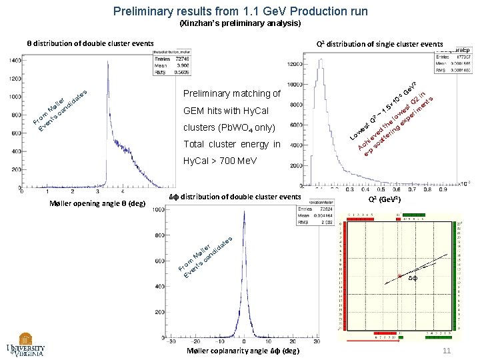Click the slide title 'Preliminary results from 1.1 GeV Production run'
[240, 11]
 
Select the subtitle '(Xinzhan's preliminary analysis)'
[240, 23]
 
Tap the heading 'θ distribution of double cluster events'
[90, 43]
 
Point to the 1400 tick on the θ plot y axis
[14, 61]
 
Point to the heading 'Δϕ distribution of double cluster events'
[235, 197]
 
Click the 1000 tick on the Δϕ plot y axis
[159, 211]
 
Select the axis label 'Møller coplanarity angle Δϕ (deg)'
[243, 351]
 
